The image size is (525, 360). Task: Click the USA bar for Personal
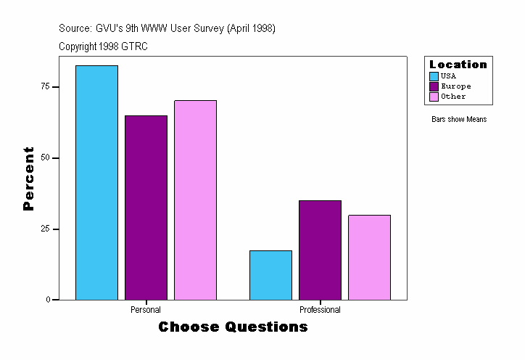point(96,182)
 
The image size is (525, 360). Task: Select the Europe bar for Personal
point(146,208)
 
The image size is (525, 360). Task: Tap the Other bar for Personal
point(195,200)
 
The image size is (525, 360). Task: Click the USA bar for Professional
point(270,275)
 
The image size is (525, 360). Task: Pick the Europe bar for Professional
point(320,250)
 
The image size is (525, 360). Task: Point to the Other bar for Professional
point(369,257)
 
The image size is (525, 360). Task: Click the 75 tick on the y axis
point(46,86)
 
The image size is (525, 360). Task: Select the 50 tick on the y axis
point(46,157)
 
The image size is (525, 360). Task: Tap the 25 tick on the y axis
point(46,229)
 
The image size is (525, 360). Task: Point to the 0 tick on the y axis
point(48,300)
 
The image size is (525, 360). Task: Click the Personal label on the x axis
point(146,310)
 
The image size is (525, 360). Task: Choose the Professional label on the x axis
point(320,310)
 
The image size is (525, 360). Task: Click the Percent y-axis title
point(29,179)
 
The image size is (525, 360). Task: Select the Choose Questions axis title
point(233,327)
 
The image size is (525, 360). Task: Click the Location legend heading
point(458,65)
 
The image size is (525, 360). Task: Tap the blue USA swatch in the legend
point(434,76)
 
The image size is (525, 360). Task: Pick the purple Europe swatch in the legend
point(434,86)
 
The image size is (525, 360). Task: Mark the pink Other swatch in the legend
point(434,97)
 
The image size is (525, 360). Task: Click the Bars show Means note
point(458,120)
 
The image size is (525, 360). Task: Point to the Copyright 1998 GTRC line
point(104,46)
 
